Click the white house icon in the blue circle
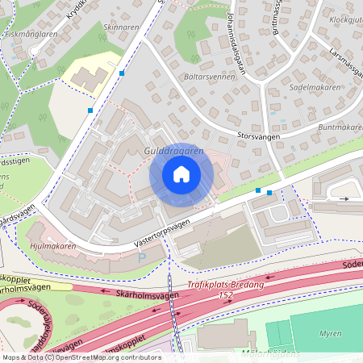coord(181,174)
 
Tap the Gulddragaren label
coord(173,151)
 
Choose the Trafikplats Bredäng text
coord(227,283)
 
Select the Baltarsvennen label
coord(209,77)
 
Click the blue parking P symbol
coord(143,257)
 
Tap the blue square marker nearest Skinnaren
coord(122,73)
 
